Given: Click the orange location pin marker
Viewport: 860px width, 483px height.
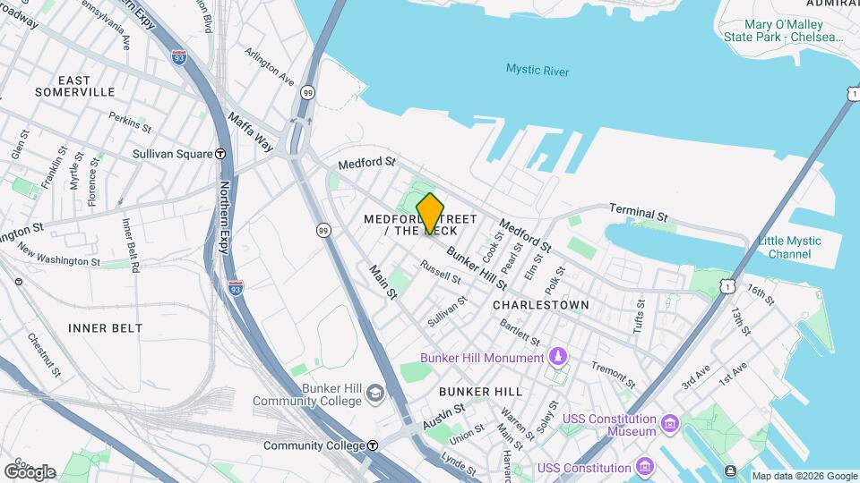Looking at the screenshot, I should pyautogui.click(x=430, y=213).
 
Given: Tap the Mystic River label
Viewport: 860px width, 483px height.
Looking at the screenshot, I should pyautogui.click(x=537, y=70).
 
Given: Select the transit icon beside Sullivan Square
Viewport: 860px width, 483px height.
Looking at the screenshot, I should pyautogui.click(x=220, y=154).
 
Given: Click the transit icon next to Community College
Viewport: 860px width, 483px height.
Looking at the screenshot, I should pyautogui.click(x=373, y=445).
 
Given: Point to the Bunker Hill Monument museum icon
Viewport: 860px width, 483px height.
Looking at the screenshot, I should pyautogui.click(x=558, y=358).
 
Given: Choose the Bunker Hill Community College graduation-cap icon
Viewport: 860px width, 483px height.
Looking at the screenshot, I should pyautogui.click(x=374, y=394).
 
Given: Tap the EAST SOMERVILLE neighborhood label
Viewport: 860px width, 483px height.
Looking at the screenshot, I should pyautogui.click(x=75, y=86).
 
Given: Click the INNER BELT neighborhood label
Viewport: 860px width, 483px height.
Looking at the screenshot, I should pyautogui.click(x=105, y=328).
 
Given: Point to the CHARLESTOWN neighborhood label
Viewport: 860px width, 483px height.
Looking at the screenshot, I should pyautogui.click(x=541, y=305).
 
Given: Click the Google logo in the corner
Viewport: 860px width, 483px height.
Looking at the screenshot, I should pyautogui.click(x=30, y=471).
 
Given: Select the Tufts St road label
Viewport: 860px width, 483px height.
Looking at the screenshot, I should pyautogui.click(x=640, y=315).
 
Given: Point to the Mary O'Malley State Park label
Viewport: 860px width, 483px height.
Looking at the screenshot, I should pyautogui.click(x=784, y=30).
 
